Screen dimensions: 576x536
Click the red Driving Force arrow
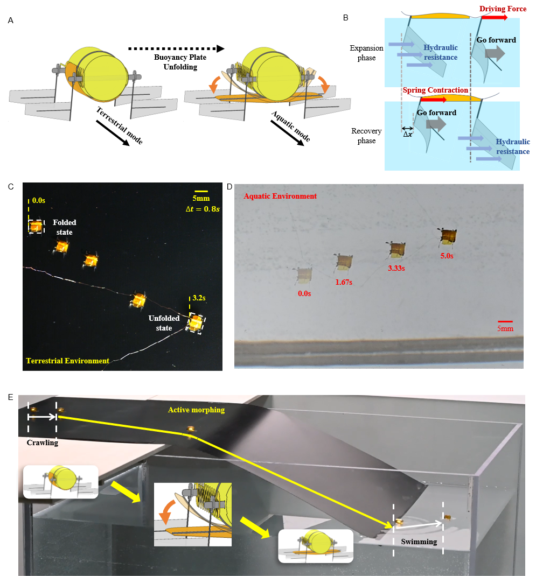coord(495,17)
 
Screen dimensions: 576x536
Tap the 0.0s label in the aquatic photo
coord(304,293)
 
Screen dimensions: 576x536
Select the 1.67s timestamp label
coord(344,282)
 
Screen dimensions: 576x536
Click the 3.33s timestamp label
coord(395,267)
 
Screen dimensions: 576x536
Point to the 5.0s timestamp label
coord(447,256)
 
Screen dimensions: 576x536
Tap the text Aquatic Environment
coord(280,196)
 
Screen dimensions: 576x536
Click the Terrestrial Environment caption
coord(67,361)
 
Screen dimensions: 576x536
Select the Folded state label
coord(64,227)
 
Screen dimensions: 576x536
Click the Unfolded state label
coord(164,323)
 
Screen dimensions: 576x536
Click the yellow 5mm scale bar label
coord(201,199)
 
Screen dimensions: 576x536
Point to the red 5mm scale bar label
coord(505,328)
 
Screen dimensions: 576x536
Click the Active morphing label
coord(196,410)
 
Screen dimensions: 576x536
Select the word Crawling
coord(42,442)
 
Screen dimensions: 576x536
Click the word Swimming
coord(419,542)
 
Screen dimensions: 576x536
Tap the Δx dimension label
coord(408,134)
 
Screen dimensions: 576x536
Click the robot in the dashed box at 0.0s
coord(36,227)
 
